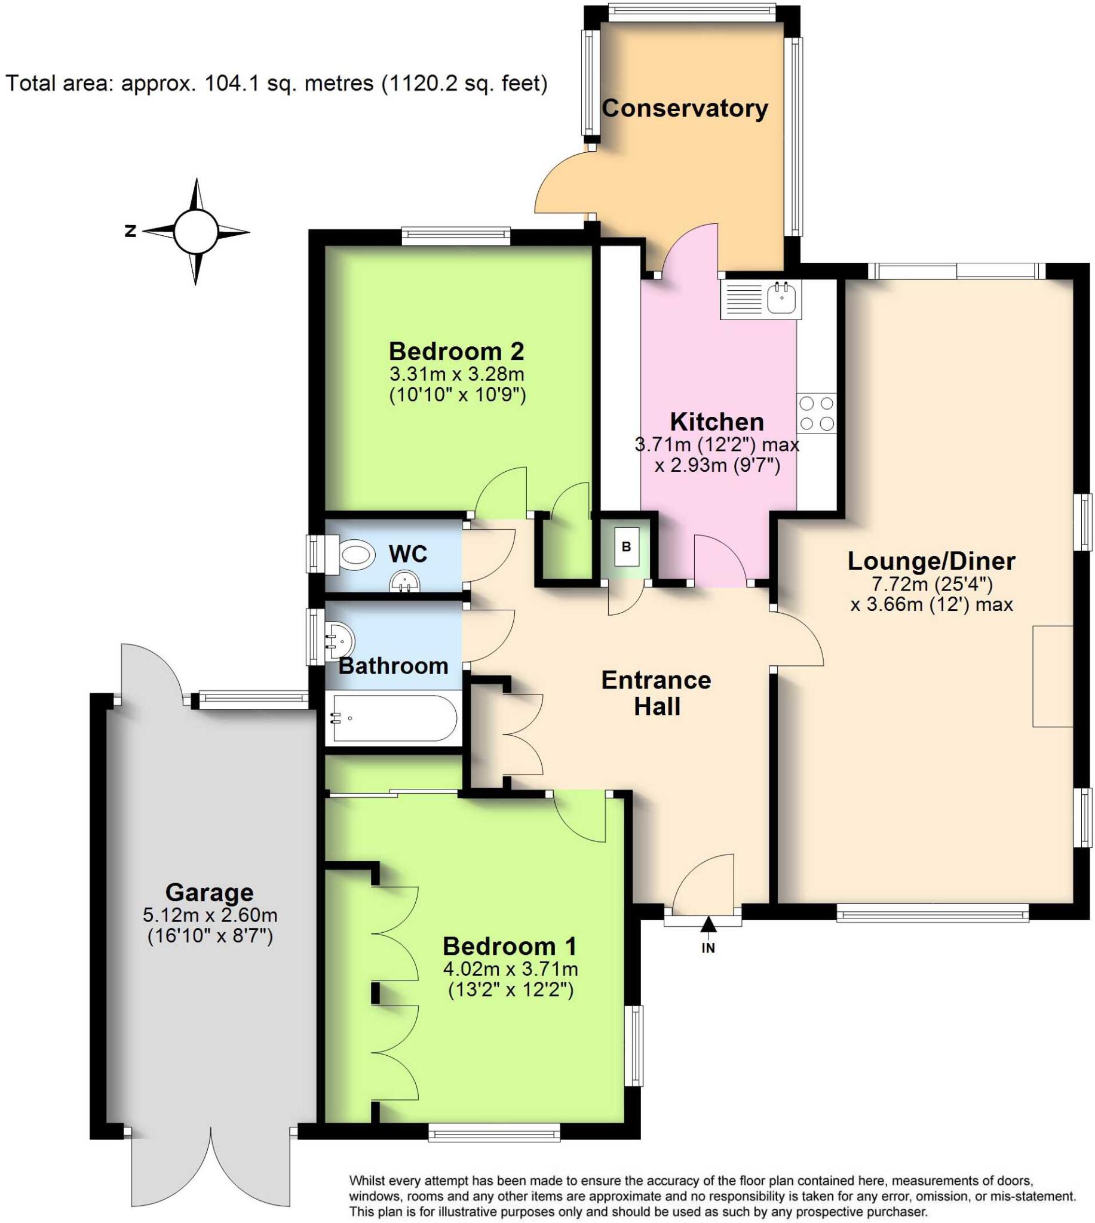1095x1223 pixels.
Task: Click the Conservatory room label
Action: click(685, 108)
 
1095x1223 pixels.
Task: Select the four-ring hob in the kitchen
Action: click(817, 413)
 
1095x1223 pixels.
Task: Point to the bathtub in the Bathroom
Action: click(391, 718)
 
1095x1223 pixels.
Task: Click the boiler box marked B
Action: click(626, 546)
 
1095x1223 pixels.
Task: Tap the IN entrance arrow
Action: click(708, 925)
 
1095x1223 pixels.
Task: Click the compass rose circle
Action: click(195, 232)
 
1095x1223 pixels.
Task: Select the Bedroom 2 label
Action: click(456, 351)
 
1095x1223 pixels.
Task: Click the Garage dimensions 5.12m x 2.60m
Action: click(210, 915)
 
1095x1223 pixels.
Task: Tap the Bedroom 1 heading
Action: click(510, 947)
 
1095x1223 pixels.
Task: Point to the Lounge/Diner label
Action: click(931, 561)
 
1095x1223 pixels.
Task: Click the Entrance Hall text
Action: click(657, 693)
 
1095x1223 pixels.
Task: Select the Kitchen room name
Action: click(717, 422)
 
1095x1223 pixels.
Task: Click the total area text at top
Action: click(277, 83)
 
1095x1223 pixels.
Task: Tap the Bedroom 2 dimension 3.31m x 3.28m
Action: click(456, 374)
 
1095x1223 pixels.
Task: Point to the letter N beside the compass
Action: click(130, 231)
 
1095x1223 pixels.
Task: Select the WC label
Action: click(408, 554)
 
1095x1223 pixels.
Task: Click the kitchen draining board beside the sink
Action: click(744, 298)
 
